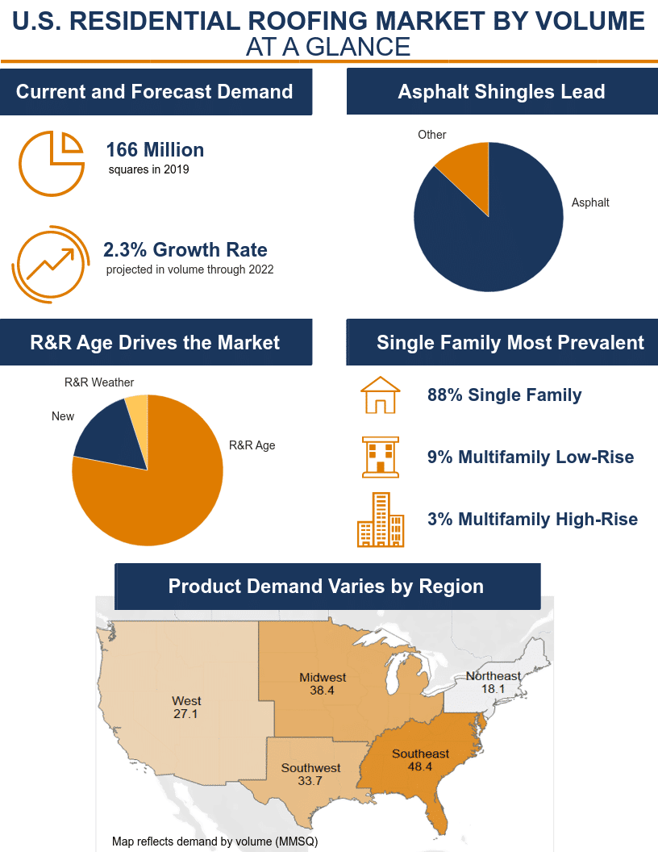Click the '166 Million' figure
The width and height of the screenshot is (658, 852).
tap(155, 150)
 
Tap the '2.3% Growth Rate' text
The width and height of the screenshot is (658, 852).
tap(185, 249)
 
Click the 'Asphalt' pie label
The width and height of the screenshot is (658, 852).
tap(590, 203)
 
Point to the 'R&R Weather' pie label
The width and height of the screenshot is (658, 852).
tap(99, 382)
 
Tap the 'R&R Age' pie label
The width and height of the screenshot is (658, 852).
tap(252, 445)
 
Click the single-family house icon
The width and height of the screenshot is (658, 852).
tap(379, 395)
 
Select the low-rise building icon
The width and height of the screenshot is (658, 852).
tap(380, 457)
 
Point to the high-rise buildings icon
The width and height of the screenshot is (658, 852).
tap(381, 520)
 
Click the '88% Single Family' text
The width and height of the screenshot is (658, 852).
tap(504, 395)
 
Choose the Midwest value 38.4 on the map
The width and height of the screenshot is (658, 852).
tap(322, 691)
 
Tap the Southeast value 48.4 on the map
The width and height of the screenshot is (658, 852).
tap(420, 766)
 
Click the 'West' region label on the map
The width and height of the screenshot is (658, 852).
tap(186, 701)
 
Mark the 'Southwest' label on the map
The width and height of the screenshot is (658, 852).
tap(310, 768)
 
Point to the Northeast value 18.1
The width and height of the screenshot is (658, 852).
tap(493, 689)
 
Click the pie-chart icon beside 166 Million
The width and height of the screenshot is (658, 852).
tap(51, 163)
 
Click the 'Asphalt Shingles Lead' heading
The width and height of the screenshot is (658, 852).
tap(502, 92)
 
